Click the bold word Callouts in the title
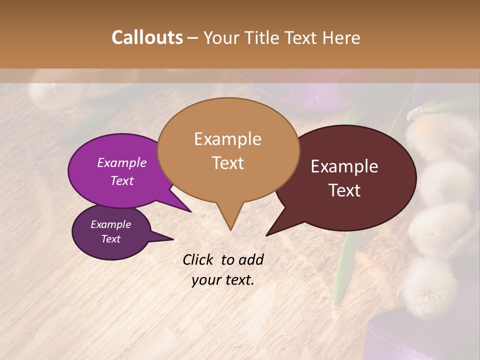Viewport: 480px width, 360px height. tap(147, 37)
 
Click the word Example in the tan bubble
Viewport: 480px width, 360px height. tap(228, 139)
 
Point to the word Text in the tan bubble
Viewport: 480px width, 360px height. tap(228, 163)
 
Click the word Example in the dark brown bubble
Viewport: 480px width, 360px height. tap(344, 166)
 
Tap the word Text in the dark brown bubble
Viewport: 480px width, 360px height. tap(345, 190)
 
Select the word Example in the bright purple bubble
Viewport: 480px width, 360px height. tap(122, 162)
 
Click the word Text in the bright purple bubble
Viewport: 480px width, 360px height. tap(122, 180)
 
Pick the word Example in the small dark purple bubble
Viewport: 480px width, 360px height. tap(111, 224)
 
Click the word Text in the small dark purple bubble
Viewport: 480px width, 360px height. tap(111, 239)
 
